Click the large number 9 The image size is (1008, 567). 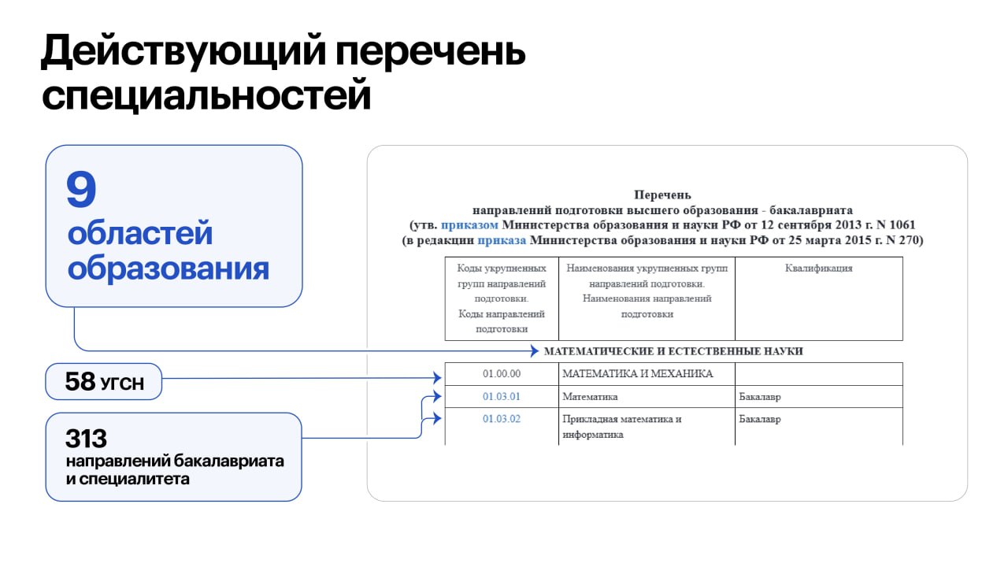coord(81,191)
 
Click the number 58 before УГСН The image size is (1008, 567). coord(80,383)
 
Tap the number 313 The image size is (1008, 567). coord(87,439)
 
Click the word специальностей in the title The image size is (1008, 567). coord(206,96)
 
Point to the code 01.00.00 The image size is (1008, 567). coord(502,374)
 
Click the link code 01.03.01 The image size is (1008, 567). coord(502,397)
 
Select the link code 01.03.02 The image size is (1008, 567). coord(502,419)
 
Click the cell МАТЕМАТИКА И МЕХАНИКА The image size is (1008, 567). coord(637,374)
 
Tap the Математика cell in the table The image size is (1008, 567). coord(590,397)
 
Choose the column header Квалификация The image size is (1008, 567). coord(819,269)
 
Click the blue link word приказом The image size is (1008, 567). coord(469,225)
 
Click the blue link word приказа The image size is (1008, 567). coord(502,240)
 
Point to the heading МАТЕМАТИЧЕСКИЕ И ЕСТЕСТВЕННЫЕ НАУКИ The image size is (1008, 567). coord(673,351)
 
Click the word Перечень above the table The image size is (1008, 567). coord(662,195)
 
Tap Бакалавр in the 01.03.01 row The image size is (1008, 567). coord(760,397)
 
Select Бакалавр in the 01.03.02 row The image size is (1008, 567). coord(760,419)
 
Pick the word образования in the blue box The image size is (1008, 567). coord(168,269)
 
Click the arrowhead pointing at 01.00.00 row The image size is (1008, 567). coord(437,379)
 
